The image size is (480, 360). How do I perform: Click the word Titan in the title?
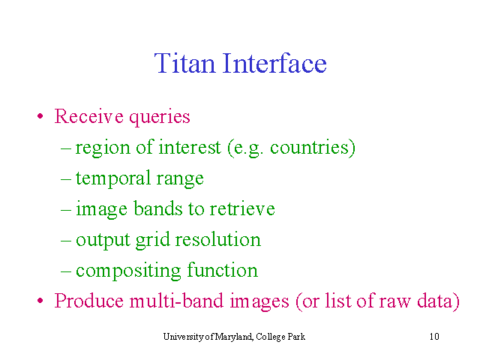184,63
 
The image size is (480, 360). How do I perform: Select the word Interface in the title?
274,63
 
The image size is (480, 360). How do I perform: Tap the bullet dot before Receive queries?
40,116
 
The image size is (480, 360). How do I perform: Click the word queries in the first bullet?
160,118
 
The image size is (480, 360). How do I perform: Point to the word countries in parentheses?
309,147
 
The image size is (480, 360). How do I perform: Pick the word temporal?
113,178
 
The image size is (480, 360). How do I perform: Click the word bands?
158,208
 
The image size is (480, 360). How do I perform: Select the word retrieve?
242,208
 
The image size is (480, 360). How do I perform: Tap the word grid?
152,241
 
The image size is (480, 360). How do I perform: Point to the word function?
222,270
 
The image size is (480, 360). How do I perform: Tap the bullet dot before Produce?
40,301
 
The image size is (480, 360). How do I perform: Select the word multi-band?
176,301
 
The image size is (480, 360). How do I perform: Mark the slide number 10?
434,337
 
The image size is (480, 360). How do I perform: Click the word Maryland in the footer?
234,337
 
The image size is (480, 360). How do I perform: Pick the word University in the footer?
183,337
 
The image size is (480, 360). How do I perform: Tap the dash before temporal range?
66,179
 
